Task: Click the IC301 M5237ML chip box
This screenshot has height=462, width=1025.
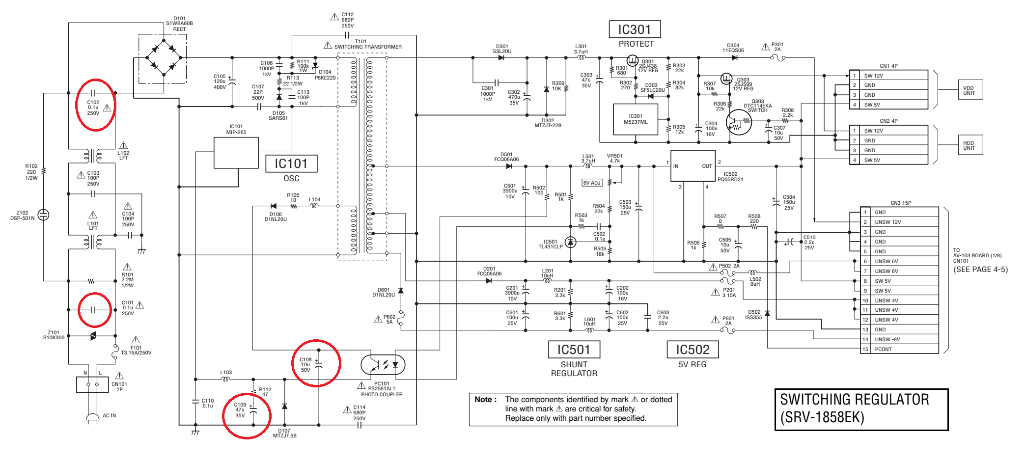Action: click(636, 119)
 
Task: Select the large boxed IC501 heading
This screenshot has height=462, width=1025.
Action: click(574, 350)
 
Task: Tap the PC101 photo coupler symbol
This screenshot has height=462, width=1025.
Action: click(383, 365)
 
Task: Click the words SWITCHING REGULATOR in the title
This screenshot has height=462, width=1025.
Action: click(855, 400)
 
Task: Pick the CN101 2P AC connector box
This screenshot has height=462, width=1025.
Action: click(92, 384)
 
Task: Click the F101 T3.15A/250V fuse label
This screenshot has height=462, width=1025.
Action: click(136, 350)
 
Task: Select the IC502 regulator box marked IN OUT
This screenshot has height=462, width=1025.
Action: click(693, 166)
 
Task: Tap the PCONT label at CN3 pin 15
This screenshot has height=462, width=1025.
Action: click(883, 349)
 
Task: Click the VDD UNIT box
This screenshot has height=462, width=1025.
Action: click(969, 90)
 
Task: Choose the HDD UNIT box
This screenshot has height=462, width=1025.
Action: click(969, 145)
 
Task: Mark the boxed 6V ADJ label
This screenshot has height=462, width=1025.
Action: click(592, 183)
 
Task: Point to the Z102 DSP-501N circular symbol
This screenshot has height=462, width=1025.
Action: click(44, 215)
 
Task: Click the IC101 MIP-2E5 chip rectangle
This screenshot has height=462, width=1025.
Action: click(236, 153)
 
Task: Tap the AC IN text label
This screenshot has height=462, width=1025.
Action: click(110, 415)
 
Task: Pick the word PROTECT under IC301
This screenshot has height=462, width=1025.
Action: click(636, 44)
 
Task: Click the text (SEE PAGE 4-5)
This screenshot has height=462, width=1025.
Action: click(980, 269)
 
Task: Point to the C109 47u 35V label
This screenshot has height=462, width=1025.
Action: click(240, 410)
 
